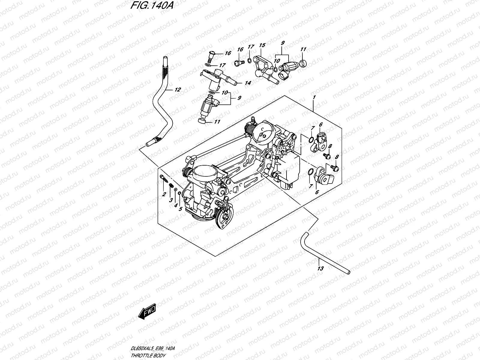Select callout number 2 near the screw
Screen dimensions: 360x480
[x=164, y=194]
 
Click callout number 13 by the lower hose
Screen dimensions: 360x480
[x=320, y=268]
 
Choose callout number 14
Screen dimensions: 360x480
[x=247, y=83]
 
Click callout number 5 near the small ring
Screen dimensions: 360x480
[x=180, y=209]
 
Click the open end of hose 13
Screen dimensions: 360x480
[x=348, y=272]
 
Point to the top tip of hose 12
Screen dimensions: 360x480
[x=164, y=57]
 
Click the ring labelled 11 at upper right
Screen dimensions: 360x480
[x=303, y=63]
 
